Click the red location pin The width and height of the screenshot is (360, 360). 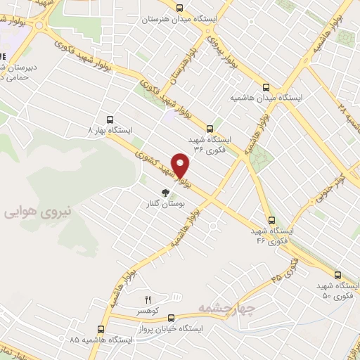click(x=181, y=165)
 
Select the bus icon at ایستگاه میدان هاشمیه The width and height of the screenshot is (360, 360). click(x=265, y=88)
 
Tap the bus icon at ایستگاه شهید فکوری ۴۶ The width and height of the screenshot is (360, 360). click(x=272, y=220)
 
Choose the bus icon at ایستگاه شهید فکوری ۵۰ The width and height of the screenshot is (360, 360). click(x=338, y=275)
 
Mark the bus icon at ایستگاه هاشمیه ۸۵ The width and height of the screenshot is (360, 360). click(x=101, y=328)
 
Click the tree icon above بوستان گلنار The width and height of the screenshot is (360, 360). click(x=165, y=193)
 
